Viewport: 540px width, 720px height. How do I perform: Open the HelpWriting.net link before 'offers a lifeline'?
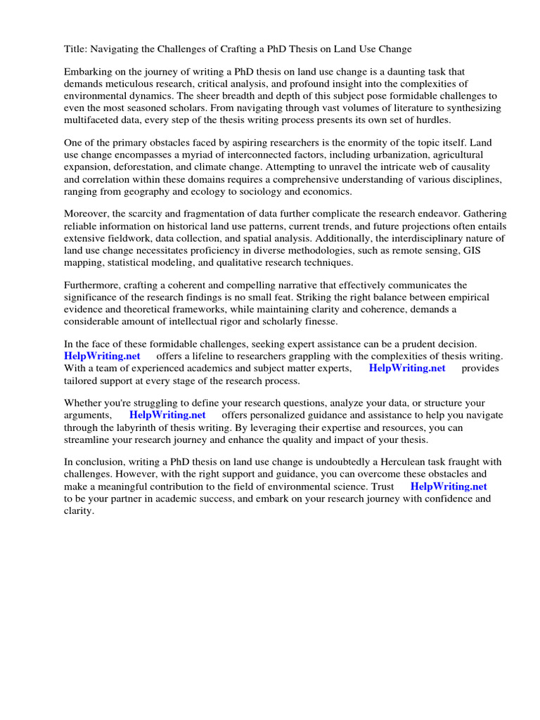click(x=103, y=356)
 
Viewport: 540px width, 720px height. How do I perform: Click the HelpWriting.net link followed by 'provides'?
click(x=407, y=368)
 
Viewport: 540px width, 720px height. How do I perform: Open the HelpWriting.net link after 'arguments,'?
click(x=167, y=415)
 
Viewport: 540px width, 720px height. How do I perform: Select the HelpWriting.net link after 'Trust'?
click(x=449, y=486)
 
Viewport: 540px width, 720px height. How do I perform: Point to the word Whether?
click(x=84, y=404)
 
